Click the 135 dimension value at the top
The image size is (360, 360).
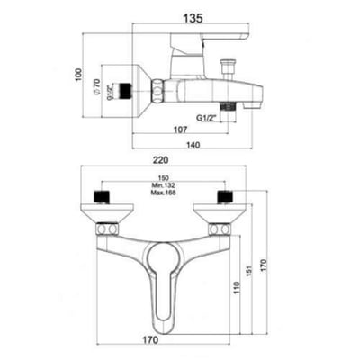[193, 18]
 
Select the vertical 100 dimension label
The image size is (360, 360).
[78, 76]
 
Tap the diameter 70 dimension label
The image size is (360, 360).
[96, 87]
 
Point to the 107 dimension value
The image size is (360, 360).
[180, 130]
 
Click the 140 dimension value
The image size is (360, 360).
[193, 145]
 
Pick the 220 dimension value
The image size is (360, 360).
[161, 160]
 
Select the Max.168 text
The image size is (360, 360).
[164, 193]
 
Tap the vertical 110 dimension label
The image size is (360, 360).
[238, 288]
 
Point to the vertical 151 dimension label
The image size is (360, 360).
[251, 269]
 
